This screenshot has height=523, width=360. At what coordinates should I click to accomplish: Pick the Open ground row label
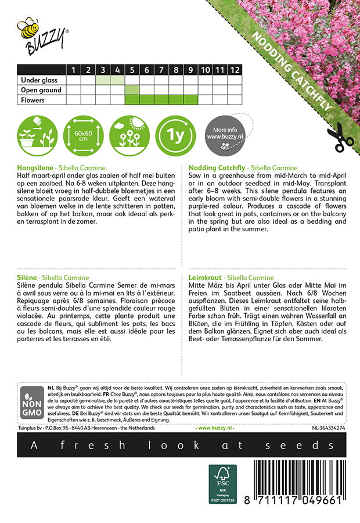tap(41, 90)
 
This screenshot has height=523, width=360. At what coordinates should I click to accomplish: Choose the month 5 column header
tap(132, 70)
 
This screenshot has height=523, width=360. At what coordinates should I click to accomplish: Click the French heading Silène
tap(29, 278)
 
